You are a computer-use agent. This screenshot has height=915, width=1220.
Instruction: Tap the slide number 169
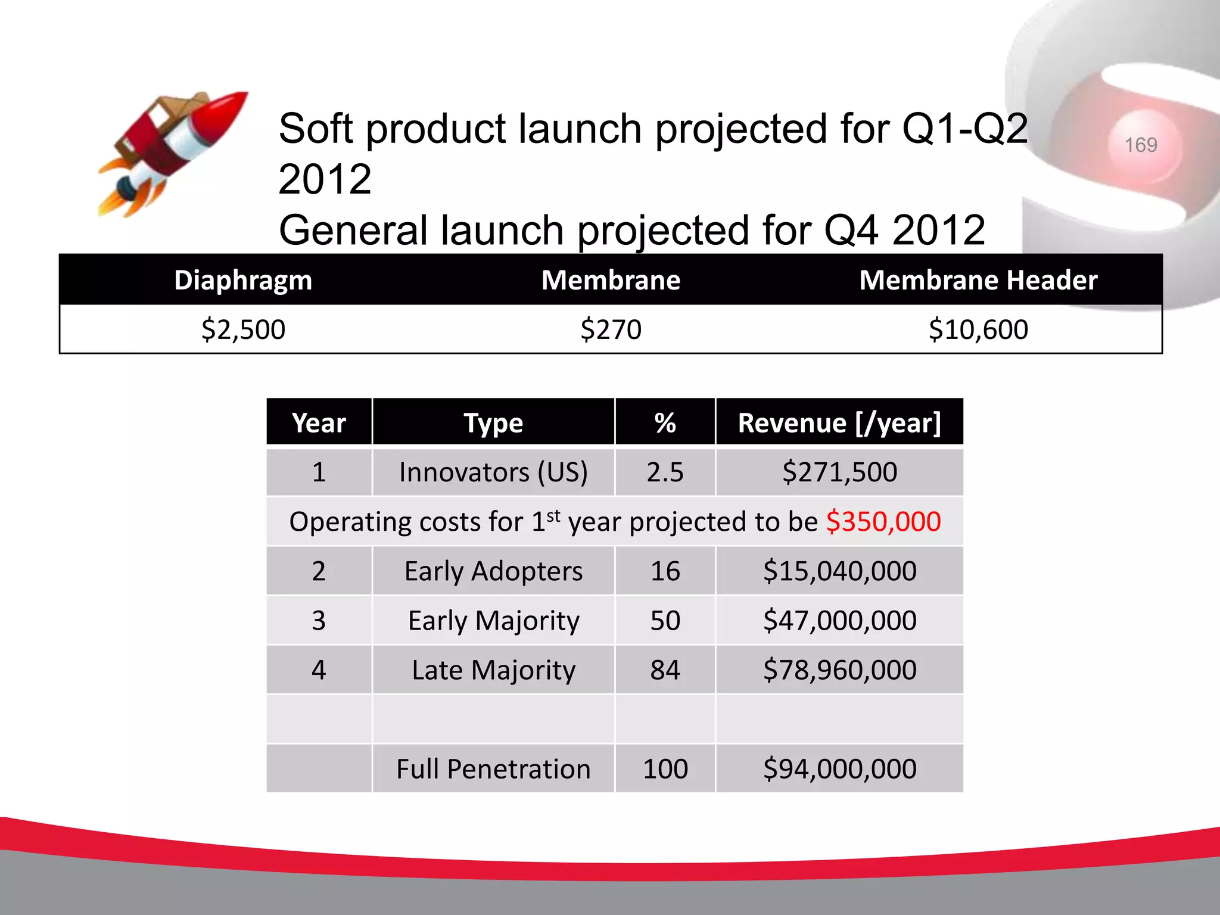pyautogui.click(x=1141, y=145)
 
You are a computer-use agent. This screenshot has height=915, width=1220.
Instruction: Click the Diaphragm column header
pyautogui.click(x=243, y=280)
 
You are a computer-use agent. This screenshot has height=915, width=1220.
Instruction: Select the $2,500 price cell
pyautogui.click(x=243, y=329)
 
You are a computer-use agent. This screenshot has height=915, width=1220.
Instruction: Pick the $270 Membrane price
pyautogui.click(x=611, y=329)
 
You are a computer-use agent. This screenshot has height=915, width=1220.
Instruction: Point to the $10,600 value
pyautogui.click(x=978, y=329)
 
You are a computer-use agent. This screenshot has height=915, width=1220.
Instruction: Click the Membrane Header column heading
pyautogui.click(x=978, y=280)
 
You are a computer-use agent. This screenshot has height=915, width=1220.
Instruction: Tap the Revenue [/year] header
pyautogui.click(x=839, y=423)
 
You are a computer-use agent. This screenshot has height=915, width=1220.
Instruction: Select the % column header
pyautogui.click(x=665, y=423)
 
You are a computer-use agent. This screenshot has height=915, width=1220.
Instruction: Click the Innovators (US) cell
pyautogui.click(x=493, y=472)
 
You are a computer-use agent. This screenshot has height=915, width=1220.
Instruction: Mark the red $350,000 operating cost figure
pyautogui.click(x=883, y=522)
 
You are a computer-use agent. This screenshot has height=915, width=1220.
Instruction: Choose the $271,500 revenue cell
pyautogui.click(x=839, y=472)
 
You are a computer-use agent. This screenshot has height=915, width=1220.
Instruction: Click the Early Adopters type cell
pyautogui.click(x=493, y=571)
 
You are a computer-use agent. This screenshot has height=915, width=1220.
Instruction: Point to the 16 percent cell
pyautogui.click(x=665, y=571)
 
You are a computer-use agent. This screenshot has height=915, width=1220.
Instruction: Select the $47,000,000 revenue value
pyautogui.click(x=839, y=621)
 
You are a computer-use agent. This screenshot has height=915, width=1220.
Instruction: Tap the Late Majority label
pyautogui.click(x=493, y=670)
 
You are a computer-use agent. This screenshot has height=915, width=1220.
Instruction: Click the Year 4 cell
pyautogui.click(x=319, y=670)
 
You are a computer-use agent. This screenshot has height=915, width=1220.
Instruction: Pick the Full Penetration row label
pyautogui.click(x=493, y=769)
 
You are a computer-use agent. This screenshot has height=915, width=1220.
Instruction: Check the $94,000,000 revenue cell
pyautogui.click(x=839, y=769)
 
